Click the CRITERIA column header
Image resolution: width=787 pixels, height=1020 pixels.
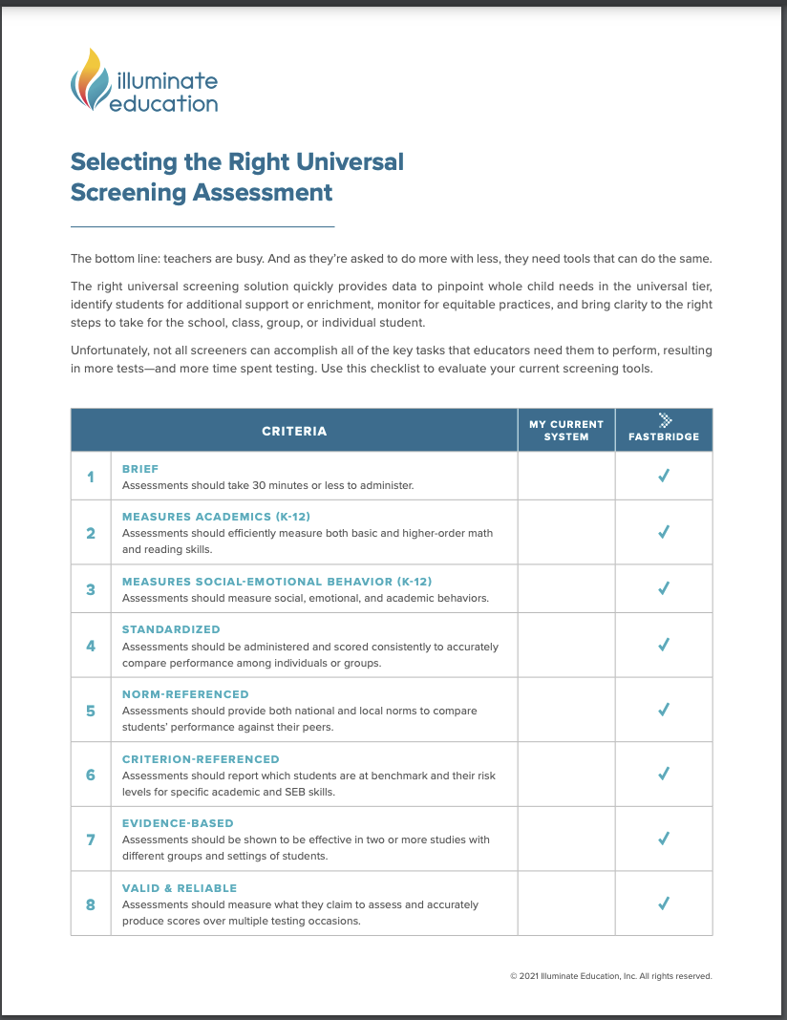point(294,431)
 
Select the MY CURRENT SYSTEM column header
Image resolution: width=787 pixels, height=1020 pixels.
point(566,430)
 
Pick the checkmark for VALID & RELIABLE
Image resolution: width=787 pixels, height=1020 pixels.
point(664,903)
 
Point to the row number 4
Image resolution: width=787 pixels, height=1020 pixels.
point(91,646)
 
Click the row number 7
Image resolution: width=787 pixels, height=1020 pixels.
point(91,839)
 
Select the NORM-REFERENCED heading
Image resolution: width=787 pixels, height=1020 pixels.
point(185,694)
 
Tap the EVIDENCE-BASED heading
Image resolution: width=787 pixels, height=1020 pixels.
point(178,823)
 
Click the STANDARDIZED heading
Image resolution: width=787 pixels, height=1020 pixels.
point(171,629)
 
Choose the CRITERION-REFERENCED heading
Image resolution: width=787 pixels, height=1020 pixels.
point(201,759)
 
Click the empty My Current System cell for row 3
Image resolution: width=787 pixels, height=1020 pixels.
point(566,589)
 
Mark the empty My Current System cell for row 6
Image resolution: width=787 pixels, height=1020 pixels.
point(566,775)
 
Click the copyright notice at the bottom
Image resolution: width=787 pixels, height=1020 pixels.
point(611,976)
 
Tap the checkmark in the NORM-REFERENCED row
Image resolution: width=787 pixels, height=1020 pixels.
point(664,710)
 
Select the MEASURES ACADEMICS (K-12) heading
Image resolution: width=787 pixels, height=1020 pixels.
point(216,517)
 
